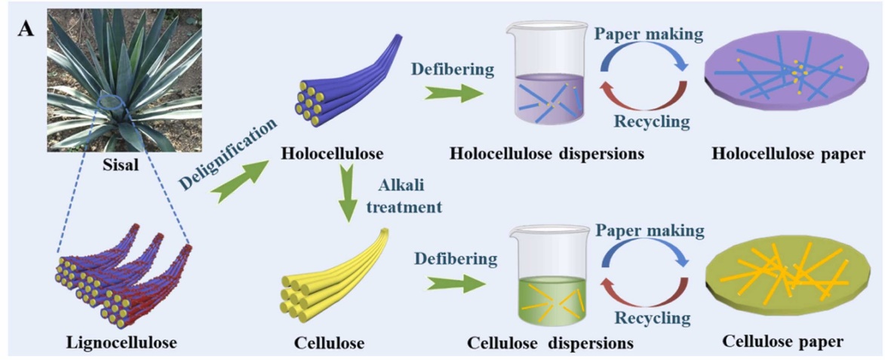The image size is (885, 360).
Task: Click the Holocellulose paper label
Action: [x=788, y=154]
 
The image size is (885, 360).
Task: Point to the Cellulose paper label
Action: [x=782, y=341]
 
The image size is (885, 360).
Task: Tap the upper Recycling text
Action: [x=649, y=122]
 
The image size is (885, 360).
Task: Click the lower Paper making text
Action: [x=649, y=229]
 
